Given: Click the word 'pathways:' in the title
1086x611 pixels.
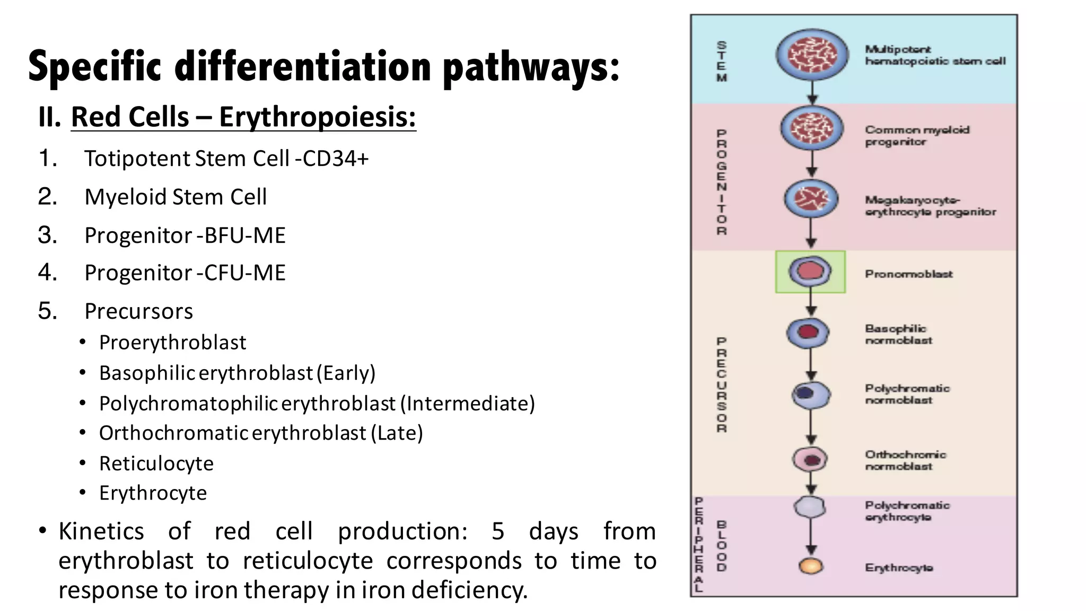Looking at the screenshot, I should click(531, 67).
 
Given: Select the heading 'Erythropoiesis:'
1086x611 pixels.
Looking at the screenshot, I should click(317, 117).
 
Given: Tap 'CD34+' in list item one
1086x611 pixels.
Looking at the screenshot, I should click(335, 159).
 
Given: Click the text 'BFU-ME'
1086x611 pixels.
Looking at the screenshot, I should click(245, 235).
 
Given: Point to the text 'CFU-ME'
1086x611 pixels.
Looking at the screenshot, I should click(245, 273).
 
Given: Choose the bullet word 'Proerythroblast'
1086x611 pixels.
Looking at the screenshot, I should click(172, 343).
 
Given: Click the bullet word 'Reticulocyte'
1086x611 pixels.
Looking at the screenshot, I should click(156, 464).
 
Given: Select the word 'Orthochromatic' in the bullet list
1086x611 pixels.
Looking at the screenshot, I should click(173, 433).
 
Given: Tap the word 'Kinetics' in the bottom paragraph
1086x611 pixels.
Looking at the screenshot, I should click(101, 531).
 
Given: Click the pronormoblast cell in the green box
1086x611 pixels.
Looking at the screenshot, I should click(810, 272).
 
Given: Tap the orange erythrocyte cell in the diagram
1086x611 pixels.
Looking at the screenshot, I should click(811, 566).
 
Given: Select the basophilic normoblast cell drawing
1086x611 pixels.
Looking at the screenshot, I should click(808, 333).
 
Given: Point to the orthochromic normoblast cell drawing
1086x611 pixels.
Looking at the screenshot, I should click(810, 459).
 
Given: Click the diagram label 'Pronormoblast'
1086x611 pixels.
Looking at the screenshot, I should click(908, 274).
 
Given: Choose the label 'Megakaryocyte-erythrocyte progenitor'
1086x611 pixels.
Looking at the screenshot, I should click(930, 206).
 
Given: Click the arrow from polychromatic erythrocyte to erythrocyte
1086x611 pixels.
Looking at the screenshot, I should click(811, 536).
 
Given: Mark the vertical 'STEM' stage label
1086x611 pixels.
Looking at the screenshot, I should click(722, 62).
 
